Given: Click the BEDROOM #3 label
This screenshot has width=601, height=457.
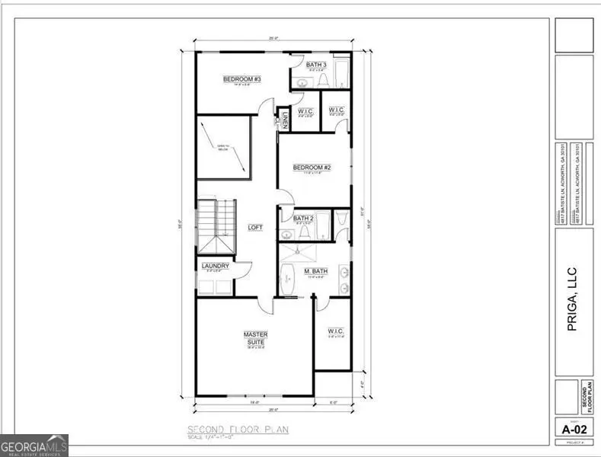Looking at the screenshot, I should tap(242, 79).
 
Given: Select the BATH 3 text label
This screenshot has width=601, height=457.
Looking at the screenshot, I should tap(317, 65).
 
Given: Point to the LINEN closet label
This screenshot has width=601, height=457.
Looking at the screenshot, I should tap(284, 120).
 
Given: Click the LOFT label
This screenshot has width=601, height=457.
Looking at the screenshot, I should tap(255, 227).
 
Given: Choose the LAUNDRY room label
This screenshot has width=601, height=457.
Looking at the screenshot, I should tap(216, 266).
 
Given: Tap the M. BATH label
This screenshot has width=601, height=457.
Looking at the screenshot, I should tap(316, 271).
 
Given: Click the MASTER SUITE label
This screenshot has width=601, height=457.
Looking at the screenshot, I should tap(255, 337).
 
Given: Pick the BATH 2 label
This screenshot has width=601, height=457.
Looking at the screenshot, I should tap(304, 219).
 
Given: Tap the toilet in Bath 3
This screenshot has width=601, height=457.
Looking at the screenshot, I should tap(323, 79).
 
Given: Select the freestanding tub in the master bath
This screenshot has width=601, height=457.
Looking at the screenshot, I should tap(288, 280).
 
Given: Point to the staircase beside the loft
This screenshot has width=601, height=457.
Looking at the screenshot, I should tap(216, 226).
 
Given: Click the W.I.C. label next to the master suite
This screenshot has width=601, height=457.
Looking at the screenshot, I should tap(335, 331).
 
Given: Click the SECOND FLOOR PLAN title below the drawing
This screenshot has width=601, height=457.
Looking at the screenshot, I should tap(238, 430).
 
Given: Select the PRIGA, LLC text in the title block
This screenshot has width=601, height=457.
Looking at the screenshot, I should tap(573, 299).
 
